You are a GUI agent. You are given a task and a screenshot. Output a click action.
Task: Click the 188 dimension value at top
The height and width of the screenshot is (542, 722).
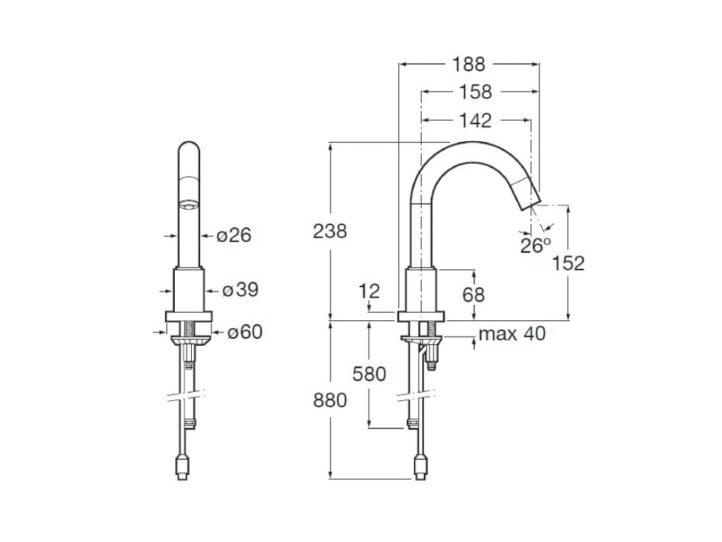coord(469,64)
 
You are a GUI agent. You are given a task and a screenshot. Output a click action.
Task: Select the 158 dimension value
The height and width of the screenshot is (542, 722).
coord(475,92)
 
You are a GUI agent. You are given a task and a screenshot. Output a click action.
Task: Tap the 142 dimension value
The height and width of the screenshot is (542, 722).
coord(475,121)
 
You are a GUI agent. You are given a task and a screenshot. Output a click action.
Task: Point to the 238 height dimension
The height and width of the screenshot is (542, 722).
coord(330,230)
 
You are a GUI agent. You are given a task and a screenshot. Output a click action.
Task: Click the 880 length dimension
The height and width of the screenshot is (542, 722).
coord(330,400)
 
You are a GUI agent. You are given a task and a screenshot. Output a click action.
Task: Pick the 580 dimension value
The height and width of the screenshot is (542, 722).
coord(369,373)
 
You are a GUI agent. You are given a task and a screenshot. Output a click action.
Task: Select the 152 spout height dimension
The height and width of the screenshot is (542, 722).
coord(568,263)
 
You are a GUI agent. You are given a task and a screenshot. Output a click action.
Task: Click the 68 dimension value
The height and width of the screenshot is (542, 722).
coord(473,294)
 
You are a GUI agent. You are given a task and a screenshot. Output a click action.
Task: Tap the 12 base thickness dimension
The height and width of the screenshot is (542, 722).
coord(369,291)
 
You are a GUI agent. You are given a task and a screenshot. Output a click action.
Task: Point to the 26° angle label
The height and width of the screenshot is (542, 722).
coord(535,246)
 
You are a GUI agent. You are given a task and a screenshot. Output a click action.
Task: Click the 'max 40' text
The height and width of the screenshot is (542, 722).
coord(512,334)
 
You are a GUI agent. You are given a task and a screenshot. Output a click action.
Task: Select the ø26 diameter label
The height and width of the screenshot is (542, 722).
coord(233,235)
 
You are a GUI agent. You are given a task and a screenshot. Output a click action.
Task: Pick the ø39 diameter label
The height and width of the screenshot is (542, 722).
coord(240,290)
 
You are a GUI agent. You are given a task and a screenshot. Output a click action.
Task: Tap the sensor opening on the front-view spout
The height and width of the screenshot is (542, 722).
coord(188,205)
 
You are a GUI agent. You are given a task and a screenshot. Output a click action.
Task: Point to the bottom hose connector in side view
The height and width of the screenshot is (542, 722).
coord(421,467)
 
